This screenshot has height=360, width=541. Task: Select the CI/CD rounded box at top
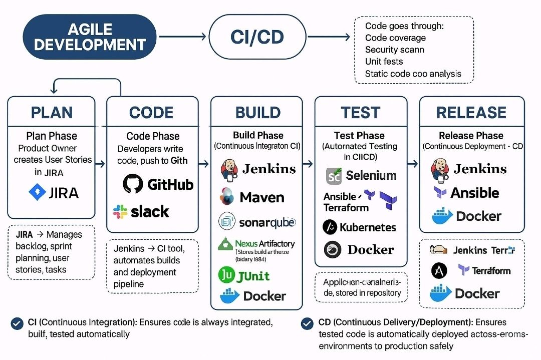[x=257, y=37]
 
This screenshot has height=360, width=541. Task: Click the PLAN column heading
[x=52, y=112]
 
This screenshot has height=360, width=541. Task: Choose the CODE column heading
[x=151, y=112]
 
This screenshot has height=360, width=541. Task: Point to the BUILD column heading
[x=256, y=112]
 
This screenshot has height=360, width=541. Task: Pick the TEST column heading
[x=360, y=112]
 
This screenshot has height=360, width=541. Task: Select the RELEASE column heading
[x=471, y=112]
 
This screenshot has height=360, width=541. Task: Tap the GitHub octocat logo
[x=133, y=184]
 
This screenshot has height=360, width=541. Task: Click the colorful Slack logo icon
[x=120, y=211]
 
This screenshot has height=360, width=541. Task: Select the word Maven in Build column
[x=262, y=197]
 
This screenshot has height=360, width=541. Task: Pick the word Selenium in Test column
[x=371, y=175]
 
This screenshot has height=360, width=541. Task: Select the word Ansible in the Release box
[x=474, y=193]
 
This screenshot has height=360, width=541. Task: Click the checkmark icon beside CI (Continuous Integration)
[x=17, y=323]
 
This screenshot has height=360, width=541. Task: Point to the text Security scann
[x=394, y=50]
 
